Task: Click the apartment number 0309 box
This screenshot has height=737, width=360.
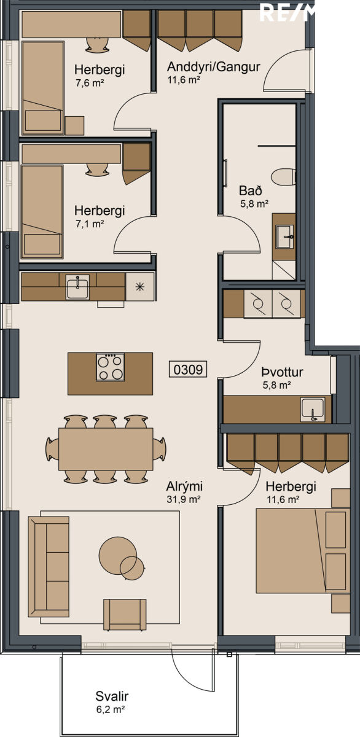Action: [x=188, y=369]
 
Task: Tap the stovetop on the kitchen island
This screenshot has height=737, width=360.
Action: [x=110, y=367]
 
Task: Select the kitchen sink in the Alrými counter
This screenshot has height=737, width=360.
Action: [x=77, y=287]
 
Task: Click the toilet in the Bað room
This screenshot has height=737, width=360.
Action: [x=283, y=177]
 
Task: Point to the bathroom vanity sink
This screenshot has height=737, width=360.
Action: [x=285, y=236]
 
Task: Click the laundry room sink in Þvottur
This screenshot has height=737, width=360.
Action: [x=313, y=410]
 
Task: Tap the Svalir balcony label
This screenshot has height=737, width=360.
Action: [x=112, y=696]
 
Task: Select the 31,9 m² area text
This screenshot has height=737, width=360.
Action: [x=184, y=499]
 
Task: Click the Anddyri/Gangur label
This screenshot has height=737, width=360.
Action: [x=214, y=67]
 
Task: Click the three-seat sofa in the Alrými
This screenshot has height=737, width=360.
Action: [x=49, y=566]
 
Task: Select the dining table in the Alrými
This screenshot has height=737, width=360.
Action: [x=106, y=449]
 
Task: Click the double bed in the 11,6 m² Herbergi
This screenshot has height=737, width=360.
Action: [x=303, y=551]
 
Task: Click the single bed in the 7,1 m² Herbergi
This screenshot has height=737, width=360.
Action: [x=42, y=212]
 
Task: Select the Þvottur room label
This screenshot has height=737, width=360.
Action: [x=283, y=372]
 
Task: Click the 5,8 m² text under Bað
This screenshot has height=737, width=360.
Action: [x=254, y=204]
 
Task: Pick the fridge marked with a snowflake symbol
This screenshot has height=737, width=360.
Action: [x=140, y=287]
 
